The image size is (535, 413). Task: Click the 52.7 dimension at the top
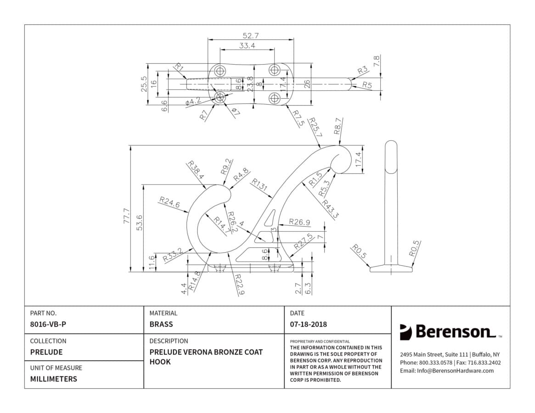[x=251, y=35]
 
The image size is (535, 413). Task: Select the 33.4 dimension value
[x=247, y=45]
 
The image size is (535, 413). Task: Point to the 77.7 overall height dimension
[x=127, y=216]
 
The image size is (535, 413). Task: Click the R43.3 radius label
[x=330, y=209]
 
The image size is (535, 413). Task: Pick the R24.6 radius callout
[x=169, y=202]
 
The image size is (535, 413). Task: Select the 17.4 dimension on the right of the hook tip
[x=358, y=159]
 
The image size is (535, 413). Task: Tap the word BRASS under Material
[x=161, y=324]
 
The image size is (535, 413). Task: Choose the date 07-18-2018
[x=309, y=324]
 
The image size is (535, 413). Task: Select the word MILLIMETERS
[x=54, y=379]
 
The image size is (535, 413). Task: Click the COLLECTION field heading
[x=48, y=341]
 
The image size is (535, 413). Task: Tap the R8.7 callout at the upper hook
[x=338, y=126]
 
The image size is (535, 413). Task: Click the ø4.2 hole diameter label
[x=193, y=101]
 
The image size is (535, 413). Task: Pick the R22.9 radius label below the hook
[x=240, y=284]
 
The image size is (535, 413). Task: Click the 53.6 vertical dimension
[x=139, y=223]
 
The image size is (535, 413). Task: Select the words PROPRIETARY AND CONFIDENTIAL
[x=320, y=341]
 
